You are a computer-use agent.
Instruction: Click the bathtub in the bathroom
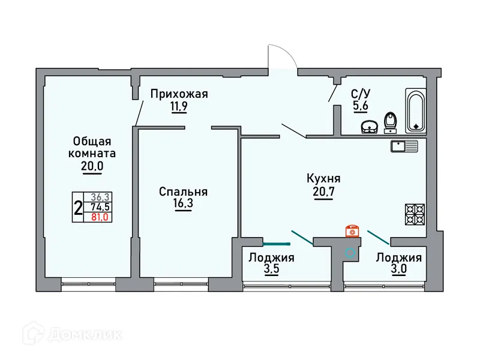pyautogui.click(x=416, y=110)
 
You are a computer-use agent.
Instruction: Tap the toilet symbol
pyautogui.click(x=391, y=122)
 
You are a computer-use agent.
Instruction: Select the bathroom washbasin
pyautogui.click(x=369, y=127)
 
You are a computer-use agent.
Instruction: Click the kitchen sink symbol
pyautogui.click(x=404, y=145)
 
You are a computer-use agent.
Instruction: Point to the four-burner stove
pyautogui.click(x=415, y=212)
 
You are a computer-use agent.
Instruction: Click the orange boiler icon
pyautogui.click(x=352, y=231)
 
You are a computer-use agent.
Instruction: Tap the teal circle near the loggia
pyautogui.click(x=349, y=253)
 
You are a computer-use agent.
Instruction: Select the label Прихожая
pyautogui.click(x=179, y=94)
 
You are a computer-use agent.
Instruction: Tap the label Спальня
pyautogui.click(x=183, y=192)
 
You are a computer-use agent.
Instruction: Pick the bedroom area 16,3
pyautogui.click(x=184, y=205)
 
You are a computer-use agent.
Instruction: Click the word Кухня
pyautogui.click(x=323, y=178)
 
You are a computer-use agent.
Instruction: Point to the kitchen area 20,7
pyautogui.click(x=323, y=191)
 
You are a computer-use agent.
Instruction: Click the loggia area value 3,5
pyautogui.click(x=271, y=270)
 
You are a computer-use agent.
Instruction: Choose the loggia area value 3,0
pyautogui.click(x=398, y=270)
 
